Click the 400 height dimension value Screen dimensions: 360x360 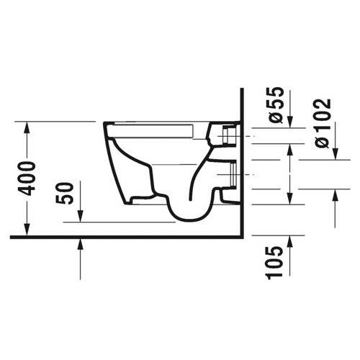tap(27, 178)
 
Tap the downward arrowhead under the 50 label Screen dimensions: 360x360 tap(80, 217)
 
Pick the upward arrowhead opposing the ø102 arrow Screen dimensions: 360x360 tap(336, 194)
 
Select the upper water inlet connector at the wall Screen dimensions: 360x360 tap(229, 135)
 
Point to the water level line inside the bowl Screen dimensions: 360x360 tap(173, 165)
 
